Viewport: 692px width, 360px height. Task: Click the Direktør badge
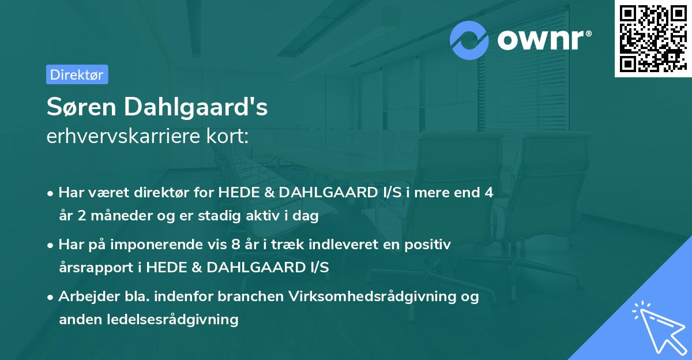[77, 74]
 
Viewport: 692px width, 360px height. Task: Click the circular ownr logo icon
[469, 40]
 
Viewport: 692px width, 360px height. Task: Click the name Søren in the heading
[80, 108]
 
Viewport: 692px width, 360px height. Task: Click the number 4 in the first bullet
[489, 193]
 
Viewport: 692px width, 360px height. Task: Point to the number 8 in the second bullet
[235, 245]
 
